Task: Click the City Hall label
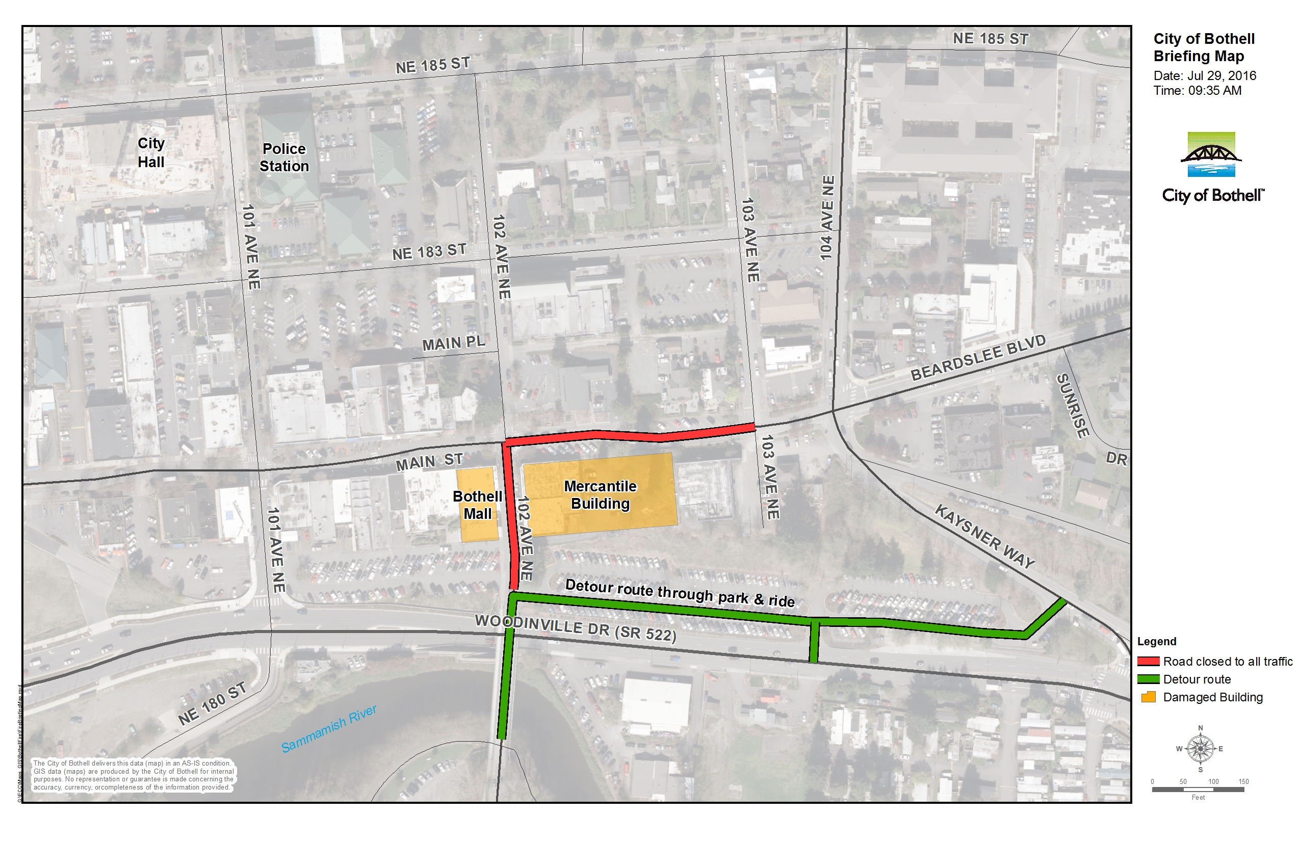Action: (x=151, y=152)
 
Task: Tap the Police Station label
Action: (x=284, y=157)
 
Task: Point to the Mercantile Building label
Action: (x=601, y=495)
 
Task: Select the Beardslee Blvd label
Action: (x=978, y=358)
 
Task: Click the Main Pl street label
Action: (x=453, y=343)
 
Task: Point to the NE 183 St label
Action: (x=429, y=252)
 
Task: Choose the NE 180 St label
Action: (x=212, y=704)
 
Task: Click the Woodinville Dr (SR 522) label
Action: (x=575, y=628)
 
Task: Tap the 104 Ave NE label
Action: (x=827, y=217)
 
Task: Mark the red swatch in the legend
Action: (x=1148, y=662)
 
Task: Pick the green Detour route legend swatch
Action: (x=1148, y=679)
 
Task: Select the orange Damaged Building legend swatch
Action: (x=1148, y=697)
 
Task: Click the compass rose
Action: (x=1200, y=749)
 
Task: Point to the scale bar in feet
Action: (x=1198, y=789)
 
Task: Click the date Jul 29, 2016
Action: (x=1204, y=75)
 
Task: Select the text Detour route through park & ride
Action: (x=680, y=593)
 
